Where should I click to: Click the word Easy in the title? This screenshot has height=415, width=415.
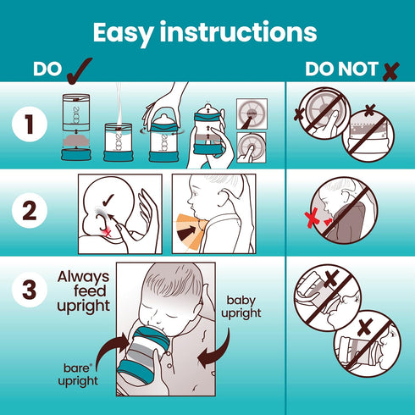click(x=124, y=33)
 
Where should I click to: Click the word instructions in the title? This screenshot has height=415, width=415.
click(x=239, y=31)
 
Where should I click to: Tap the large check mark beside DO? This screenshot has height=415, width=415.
click(x=80, y=70)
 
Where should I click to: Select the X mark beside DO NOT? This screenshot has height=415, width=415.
click(x=391, y=71)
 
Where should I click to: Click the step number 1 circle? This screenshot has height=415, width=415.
click(x=30, y=125)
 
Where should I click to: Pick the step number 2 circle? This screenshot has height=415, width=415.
click(x=30, y=211)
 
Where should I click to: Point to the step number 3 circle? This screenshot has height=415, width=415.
click(x=30, y=290)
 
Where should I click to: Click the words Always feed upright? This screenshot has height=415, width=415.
click(x=83, y=292)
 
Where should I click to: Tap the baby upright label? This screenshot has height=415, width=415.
click(x=241, y=307)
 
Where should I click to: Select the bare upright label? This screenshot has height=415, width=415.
click(x=77, y=375)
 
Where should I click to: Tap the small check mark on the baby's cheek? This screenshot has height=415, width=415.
click(x=108, y=200)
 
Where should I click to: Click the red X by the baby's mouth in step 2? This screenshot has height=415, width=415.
click(x=108, y=233)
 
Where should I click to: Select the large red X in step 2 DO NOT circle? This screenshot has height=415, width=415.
click(x=312, y=218)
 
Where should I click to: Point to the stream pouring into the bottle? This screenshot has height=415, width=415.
click(x=119, y=104)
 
